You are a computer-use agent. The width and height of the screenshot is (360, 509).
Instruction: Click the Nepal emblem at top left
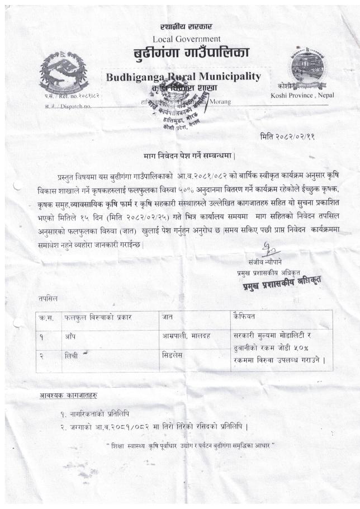pos(64,71)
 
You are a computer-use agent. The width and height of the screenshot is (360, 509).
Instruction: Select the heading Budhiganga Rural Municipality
pos(183,77)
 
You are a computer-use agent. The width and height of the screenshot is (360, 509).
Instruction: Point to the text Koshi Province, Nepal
pos(302,95)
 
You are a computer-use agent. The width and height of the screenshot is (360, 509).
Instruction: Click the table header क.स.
pos(46,317)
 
